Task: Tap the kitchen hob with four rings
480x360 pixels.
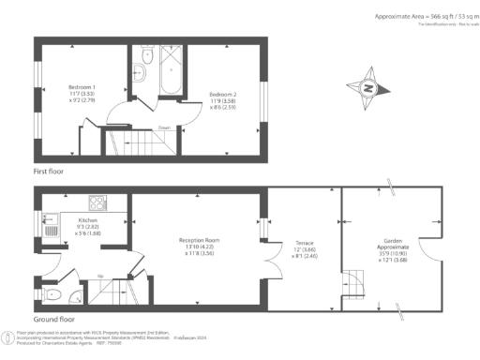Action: (x=98, y=202)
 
